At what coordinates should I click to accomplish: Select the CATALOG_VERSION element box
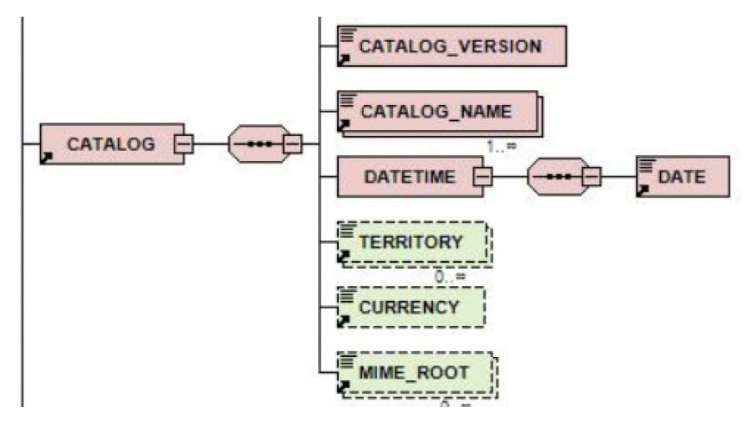[451, 46]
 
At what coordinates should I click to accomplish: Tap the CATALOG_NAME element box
[439, 111]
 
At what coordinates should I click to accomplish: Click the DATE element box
[682, 177]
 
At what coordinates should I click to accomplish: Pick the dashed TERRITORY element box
[412, 242]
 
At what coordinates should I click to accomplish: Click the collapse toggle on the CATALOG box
[181, 144]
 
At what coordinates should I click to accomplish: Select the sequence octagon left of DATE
[557, 177]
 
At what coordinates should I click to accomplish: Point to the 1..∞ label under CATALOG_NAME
[502, 146]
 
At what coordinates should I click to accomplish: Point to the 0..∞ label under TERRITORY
[449, 276]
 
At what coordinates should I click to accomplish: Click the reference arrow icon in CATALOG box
[47, 158]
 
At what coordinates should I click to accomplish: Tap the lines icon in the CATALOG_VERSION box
[345, 33]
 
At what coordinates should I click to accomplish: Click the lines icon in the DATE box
[644, 165]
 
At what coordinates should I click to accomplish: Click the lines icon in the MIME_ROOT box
[345, 360]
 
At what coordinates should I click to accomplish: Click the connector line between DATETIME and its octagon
[509, 177]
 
